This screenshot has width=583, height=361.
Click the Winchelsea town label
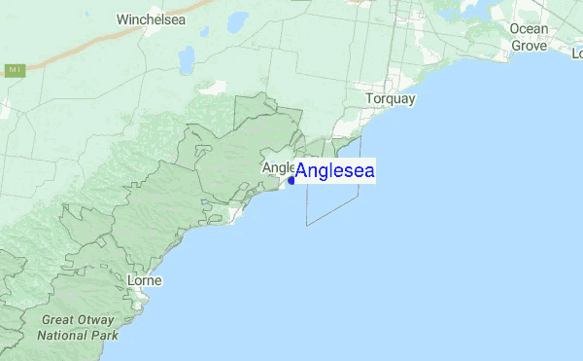tap(148, 18)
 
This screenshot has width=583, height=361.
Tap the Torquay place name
tap(390, 99)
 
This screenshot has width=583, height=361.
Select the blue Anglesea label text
tap(335, 171)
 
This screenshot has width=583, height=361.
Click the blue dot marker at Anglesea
tap(291, 180)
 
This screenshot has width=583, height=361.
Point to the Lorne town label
tap(145, 280)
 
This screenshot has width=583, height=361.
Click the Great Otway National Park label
tap(78, 327)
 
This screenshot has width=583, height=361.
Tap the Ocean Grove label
tap(529, 36)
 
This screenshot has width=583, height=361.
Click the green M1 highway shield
tap(14, 70)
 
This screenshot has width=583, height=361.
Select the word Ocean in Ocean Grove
tap(529, 28)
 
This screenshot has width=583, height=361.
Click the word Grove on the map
tap(529, 45)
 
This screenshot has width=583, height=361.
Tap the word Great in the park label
tap(57, 320)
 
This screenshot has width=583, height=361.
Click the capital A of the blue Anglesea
tap(302, 171)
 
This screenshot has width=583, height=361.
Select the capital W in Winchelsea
tap(121, 18)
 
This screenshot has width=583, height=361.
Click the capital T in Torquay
tap(369, 99)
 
